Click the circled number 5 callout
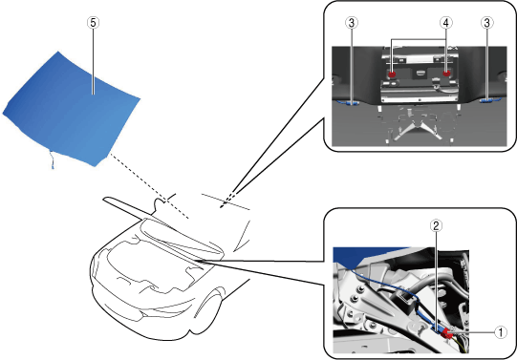pyautogui.click(x=93, y=23)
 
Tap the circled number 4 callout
pyautogui.click(x=445, y=23)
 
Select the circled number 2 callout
pyautogui.click(x=436, y=226)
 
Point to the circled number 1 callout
pyautogui.click(x=501, y=332)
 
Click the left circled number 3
pyautogui.click(x=352, y=23)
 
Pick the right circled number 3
pyautogui.click(x=487, y=23)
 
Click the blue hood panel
pyautogui.click(x=71, y=109)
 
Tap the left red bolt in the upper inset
pyautogui.click(x=392, y=74)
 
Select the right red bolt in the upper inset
pyautogui.click(x=446, y=74)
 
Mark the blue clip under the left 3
pyautogui.click(x=350, y=103)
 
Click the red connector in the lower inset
pyautogui.click(x=447, y=333)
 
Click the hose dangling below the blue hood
pyautogui.click(x=52, y=159)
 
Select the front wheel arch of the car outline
pyautogui.click(x=208, y=302)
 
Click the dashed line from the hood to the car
pyautogui.click(x=149, y=186)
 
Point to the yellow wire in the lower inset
pyautogui.click(x=462, y=345)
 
